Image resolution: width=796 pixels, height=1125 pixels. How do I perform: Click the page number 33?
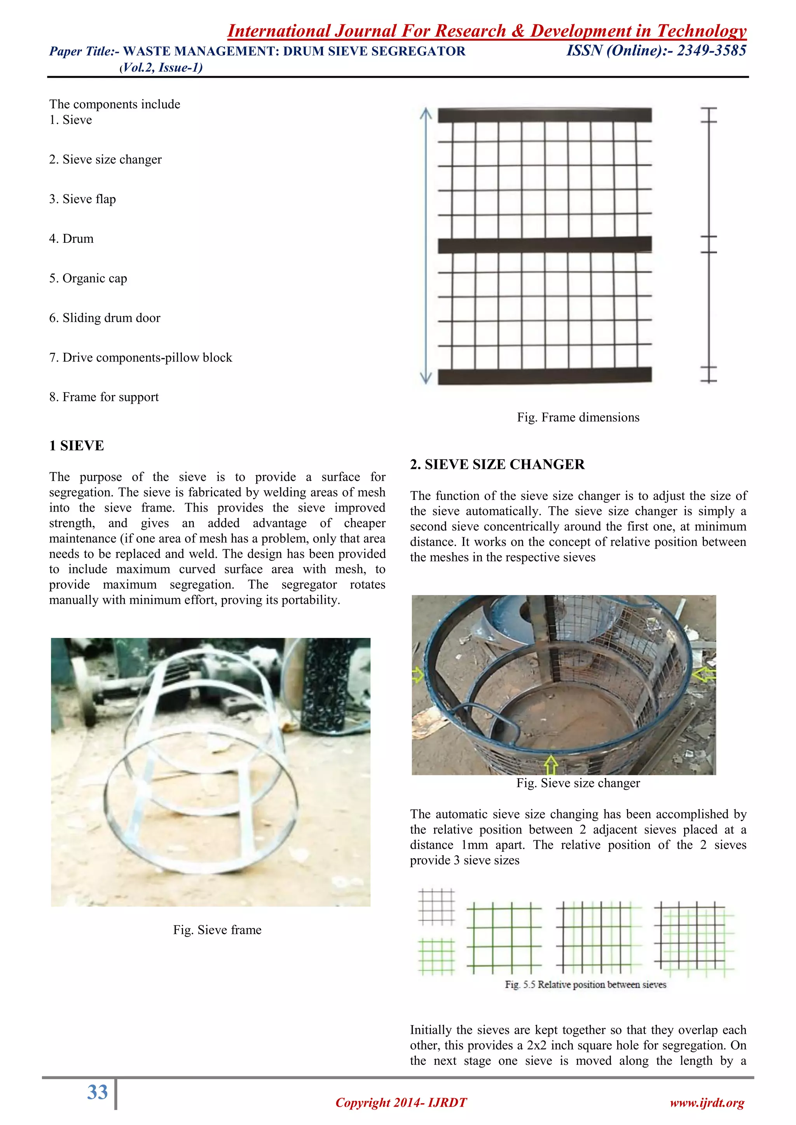97,1092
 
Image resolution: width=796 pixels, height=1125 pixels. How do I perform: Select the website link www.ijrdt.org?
707,1102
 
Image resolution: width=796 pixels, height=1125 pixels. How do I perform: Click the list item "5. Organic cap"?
88,278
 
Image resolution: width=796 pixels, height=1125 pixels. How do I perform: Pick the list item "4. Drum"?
71,239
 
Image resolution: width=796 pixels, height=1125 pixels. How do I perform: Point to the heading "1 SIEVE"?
77,446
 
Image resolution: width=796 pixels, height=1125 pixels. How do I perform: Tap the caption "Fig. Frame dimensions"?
578,418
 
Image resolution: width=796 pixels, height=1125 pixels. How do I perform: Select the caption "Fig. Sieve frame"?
217,930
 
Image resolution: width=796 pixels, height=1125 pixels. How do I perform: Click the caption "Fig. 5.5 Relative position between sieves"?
586,985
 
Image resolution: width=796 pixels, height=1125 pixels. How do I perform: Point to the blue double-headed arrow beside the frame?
426,246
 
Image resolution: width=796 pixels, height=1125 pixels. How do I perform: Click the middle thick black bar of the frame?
545,244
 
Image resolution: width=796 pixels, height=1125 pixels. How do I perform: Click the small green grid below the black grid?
436,956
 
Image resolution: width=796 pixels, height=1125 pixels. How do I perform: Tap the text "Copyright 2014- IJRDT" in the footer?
401,1102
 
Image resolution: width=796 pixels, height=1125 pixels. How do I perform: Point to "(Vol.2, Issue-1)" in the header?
161,68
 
